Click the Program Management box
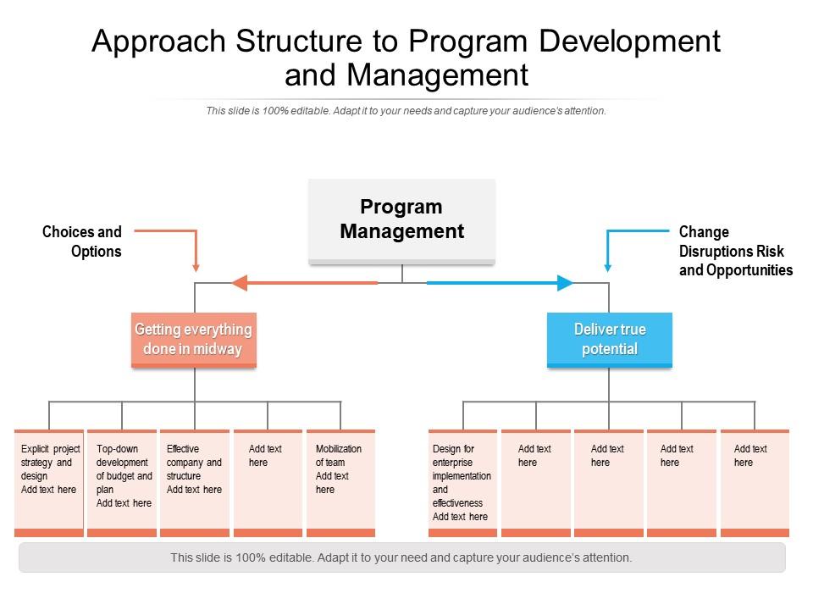[x=401, y=221]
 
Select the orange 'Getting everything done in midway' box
[x=194, y=340]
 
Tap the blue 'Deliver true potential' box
[x=610, y=340]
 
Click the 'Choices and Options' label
[x=82, y=241]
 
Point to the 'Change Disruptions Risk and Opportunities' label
[x=736, y=251]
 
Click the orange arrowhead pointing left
[x=239, y=283]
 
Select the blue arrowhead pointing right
[x=565, y=283]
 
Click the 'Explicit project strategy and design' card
[x=49, y=483]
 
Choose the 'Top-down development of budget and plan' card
[x=122, y=483]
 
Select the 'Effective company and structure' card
[x=195, y=483]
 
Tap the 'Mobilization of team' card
[x=340, y=483]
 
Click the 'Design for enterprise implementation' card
[x=462, y=483]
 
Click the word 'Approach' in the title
[x=158, y=42]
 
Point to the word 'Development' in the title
[x=630, y=42]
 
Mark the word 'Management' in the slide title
[x=438, y=75]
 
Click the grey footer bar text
[x=401, y=557]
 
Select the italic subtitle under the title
[x=406, y=110]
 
